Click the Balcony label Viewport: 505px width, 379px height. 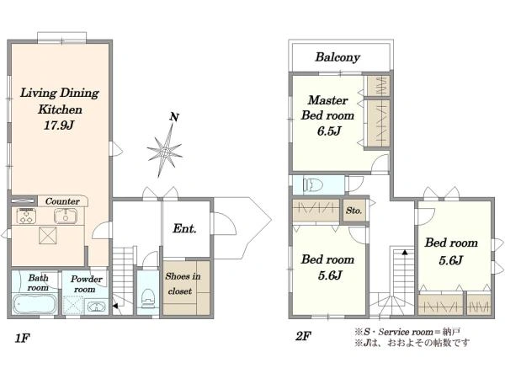[338, 57]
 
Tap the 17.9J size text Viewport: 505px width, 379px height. [59, 125]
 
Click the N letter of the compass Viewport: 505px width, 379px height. [174, 117]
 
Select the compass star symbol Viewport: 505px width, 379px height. [165, 151]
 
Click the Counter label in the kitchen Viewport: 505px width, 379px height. [62, 201]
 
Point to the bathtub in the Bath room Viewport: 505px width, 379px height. [35, 304]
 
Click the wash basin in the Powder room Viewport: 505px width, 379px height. [96, 307]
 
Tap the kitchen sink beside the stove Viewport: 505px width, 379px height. [66, 216]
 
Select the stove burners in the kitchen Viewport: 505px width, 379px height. [26, 216]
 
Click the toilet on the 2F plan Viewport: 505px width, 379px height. [312, 185]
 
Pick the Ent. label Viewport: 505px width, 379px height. [184, 228]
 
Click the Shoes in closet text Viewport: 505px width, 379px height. [183, 284]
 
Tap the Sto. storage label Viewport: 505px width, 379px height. [354, 211]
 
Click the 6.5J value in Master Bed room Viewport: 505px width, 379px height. [329, 131]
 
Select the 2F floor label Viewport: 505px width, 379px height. [303, 337]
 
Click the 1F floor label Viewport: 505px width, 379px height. [22, 339]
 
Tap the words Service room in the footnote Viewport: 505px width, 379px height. [406, 332]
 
